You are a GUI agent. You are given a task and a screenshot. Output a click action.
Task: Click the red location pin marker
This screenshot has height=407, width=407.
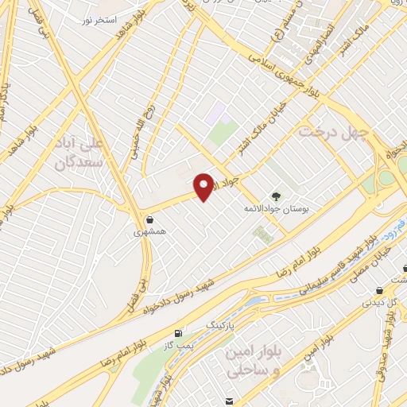(204, 187)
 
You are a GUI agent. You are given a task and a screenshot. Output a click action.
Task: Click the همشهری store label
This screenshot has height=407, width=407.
(149, 234)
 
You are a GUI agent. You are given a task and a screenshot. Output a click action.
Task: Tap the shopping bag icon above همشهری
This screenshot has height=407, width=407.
(149, 219)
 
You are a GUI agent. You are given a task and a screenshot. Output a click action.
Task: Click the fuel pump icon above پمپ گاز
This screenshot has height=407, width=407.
(177, 331)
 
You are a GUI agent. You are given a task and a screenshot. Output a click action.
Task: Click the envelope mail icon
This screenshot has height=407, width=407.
(229, 401)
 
